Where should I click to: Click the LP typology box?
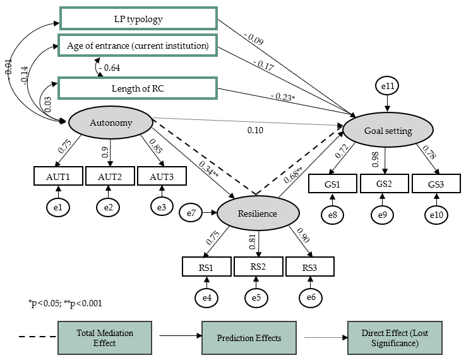tap(138, 18)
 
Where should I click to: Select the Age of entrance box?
tap(138, 45)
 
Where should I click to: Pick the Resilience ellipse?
tap(258, 213)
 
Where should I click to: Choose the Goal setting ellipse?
tap(388, 131)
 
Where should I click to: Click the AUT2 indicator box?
tap(109, 176)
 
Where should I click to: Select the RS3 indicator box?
tap(309, 267)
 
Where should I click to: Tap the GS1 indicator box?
tap(333, 184)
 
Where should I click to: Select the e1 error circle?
tap(58, 206)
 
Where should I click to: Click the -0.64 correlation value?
tap(110, 66)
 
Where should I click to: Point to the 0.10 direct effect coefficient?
tap(256, 130)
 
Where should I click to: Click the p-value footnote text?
tap(66, 304)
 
